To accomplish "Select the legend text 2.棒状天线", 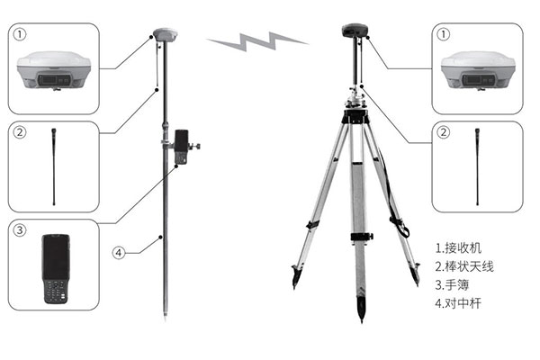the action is (x=464, y=266).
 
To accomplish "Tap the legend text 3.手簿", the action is (x=452, y=285).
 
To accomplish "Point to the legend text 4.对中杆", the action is (x=458, y=303).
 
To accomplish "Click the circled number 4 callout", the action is (x=119, y=253).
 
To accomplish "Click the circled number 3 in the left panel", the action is (x=20, y=230).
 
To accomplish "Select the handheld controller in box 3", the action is (x=56, y=269).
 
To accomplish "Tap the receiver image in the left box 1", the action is (x=54, y=70).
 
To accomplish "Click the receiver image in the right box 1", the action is (x=478, y=70).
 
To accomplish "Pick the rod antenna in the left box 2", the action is (x=54, y=167).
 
